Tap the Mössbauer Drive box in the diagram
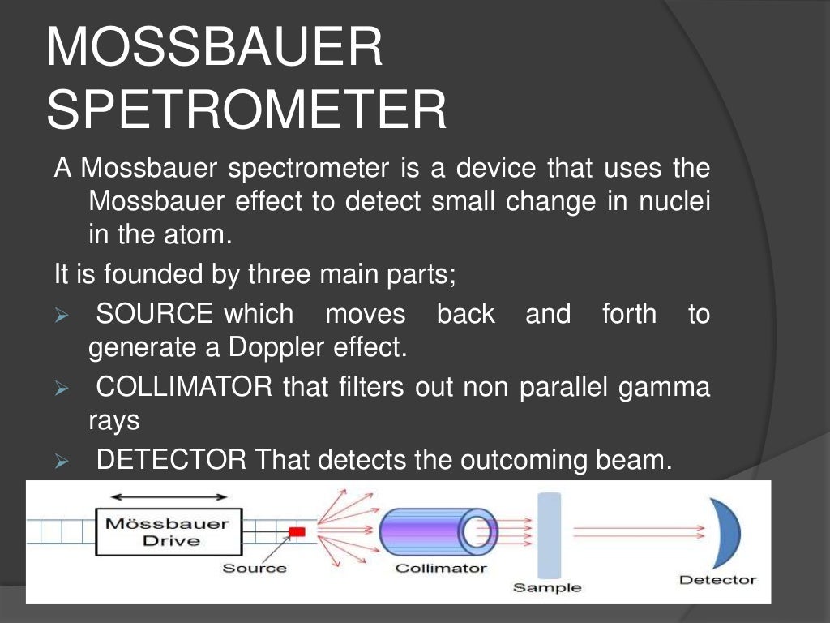(x=166, y=532)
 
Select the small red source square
(x=297, y=531)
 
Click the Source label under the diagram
(x=255, y=568)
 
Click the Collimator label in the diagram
(x=441, y=568)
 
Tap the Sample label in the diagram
(x=546, y=587)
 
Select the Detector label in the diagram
(x=717, y=580)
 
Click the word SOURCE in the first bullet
(x=154, y=314)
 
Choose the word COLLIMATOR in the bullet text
(x=184, y=387)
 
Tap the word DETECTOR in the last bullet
(x=171, y=460)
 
